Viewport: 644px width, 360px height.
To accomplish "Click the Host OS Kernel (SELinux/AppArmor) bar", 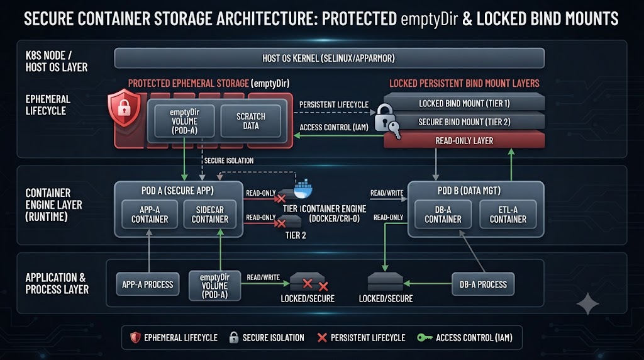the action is pyautogui.click(x=329, y=58).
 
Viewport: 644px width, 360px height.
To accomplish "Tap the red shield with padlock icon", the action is pyautogui.click(x=124, y=108).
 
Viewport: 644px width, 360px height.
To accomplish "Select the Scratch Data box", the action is pyautogui.click(x=250, y=121).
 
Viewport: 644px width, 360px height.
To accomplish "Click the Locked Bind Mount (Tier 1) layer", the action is pyautogui.click(x=464, y=103).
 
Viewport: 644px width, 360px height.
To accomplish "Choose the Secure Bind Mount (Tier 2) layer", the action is pyautogui.click(x=464, y=121).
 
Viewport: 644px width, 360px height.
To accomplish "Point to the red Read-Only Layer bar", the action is pyautogui.click(x=464, y=140).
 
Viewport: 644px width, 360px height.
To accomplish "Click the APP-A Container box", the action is pyautogui.click(x=150, y=214).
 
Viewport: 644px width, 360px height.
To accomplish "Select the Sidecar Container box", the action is pyautogui.click(x=209, y=214).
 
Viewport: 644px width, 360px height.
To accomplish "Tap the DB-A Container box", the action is pyautogui.click(x=443, y=214).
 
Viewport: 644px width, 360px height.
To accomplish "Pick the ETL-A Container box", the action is pyautogui.click(x=508, y=214).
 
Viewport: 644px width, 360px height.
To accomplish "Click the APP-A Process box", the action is pyautogui.click(x=147, y=284).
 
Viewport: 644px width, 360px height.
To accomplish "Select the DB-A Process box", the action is pyautogui.click(x=483, y=284).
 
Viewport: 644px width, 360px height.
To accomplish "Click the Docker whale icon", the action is pyautogui.click(x=303, y=189).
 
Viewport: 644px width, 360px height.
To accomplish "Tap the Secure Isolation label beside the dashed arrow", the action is pyautogui.click(x=229, y=160).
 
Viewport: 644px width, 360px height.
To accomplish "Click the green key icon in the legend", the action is pyautogui.click(x=425, y=338).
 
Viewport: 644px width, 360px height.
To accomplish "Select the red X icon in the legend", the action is pyautogui.click(x=322, y=338).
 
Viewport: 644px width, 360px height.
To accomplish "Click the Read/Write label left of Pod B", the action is pyautogui.click(x=387, y=193).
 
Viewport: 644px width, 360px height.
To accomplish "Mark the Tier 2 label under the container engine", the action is pyautogui.click(x=296, y=235).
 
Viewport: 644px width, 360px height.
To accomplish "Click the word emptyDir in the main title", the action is pyautogui.click(x=429, y=20).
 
